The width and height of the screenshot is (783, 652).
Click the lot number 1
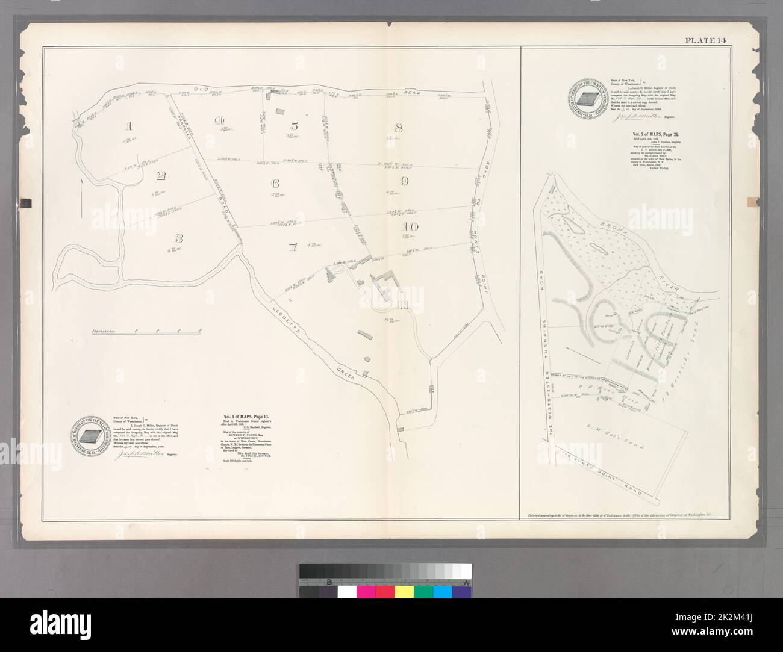(x=127, y=126)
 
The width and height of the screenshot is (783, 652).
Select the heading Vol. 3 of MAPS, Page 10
(x=242, y=415)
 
